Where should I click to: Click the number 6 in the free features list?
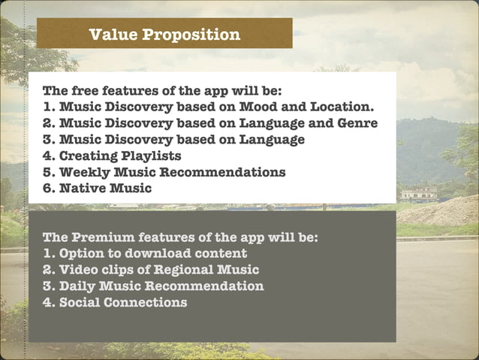(47, 189)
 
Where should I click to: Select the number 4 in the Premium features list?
(47, 303)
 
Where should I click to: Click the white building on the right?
(418, 194)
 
